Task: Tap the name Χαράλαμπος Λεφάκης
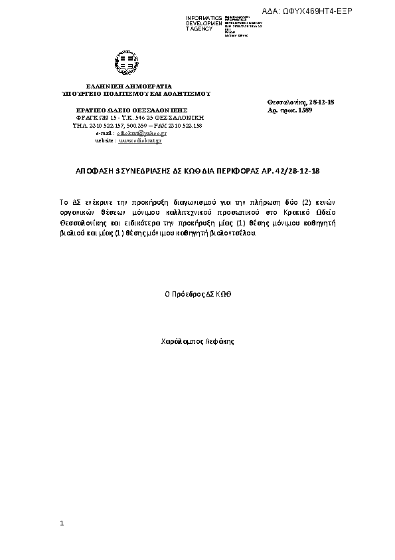(198, 341)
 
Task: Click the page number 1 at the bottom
(62, 524)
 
